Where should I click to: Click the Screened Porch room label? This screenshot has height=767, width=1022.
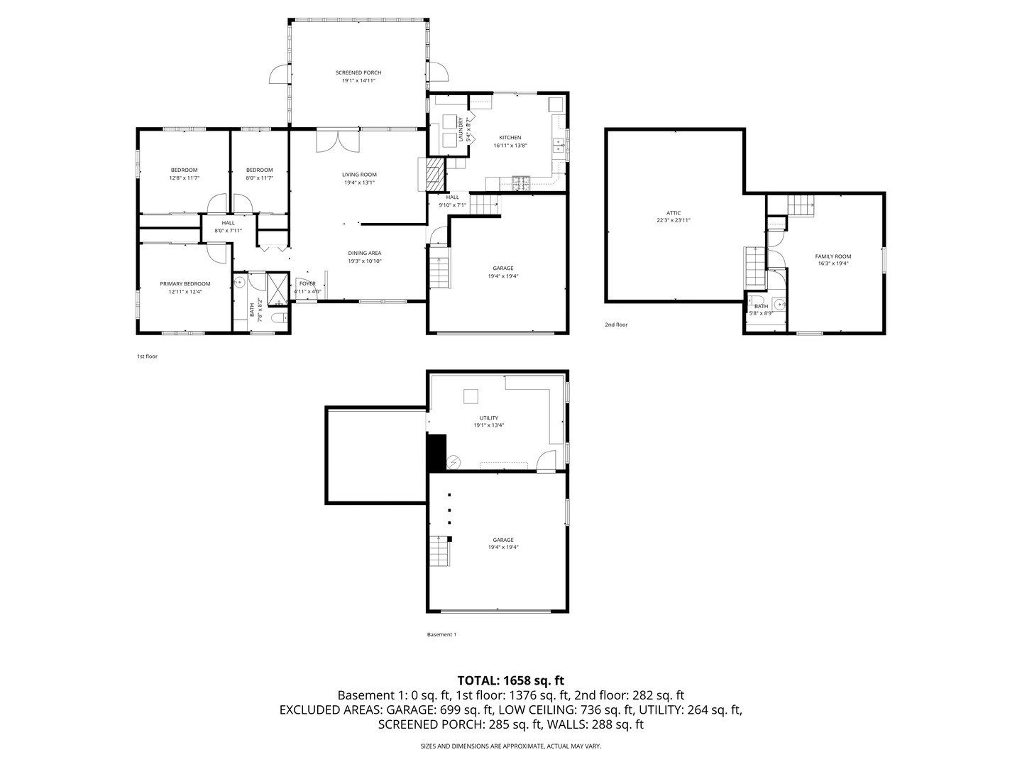[358, 72]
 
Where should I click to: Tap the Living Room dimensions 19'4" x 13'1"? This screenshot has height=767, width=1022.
[359, 183]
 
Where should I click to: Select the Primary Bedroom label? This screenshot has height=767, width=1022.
[185, 283]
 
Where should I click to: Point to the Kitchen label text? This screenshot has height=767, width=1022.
[510, 137]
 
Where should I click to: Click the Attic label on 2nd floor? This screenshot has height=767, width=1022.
[674, 213]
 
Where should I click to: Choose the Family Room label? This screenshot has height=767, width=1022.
[833, 256]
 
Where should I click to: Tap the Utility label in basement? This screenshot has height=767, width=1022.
[488, 418]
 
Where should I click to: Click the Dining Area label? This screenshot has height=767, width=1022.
[364, 253]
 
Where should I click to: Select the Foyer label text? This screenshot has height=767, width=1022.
[307, 283]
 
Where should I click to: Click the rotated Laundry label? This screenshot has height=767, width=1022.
[461, 129]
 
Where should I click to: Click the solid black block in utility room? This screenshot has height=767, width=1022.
[436, 452]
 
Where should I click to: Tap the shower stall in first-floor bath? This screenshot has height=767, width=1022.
[278, 289]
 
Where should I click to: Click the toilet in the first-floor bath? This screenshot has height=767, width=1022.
[280, 319]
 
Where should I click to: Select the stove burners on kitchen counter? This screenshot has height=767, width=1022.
[520, 183]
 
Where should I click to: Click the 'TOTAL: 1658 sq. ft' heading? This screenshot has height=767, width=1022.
[510, 680]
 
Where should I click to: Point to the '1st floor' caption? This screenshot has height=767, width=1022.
[147, 357]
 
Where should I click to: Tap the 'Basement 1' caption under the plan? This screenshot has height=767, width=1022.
[441, 634]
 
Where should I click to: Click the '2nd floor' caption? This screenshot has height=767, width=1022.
[616, 325]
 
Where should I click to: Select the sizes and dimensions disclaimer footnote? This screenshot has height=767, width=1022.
[510, 746]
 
